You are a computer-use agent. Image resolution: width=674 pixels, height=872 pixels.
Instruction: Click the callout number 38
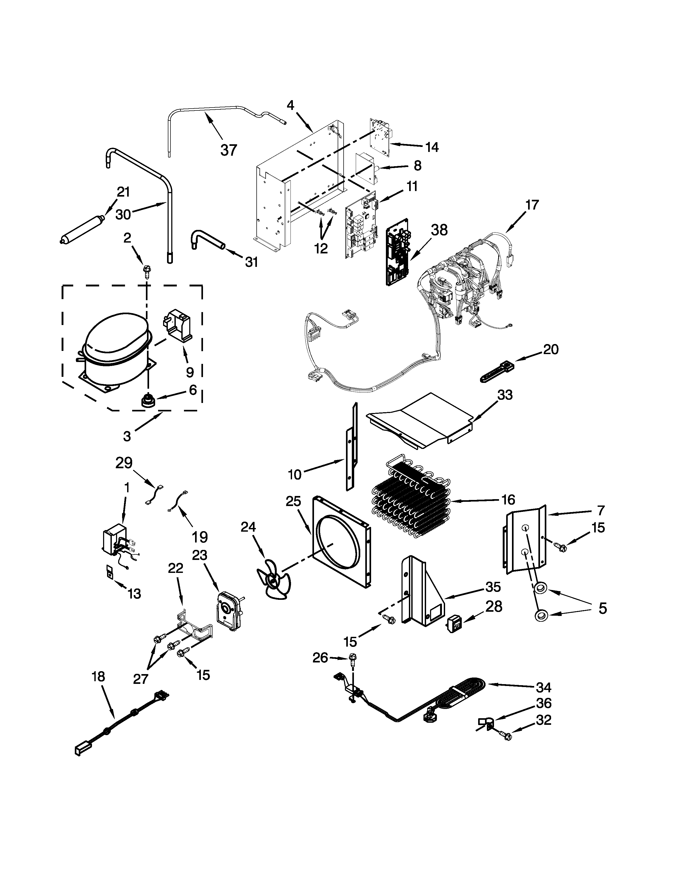coord(439,230)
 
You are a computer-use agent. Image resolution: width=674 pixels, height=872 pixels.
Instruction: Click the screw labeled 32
coord(505,735)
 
